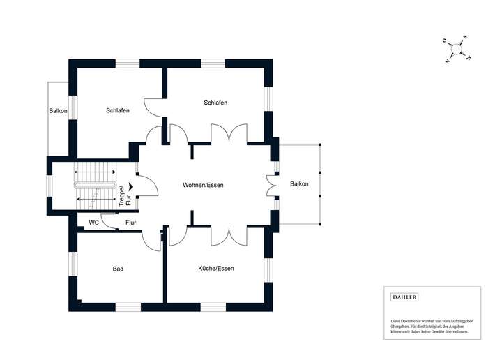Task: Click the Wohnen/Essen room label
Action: [202, 185]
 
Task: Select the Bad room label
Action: [118, 268]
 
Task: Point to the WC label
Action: [93, 223]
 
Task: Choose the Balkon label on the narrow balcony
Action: [59, 111]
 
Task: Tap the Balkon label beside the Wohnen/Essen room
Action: [299, 184]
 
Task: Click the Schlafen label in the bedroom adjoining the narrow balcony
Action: [118, 110]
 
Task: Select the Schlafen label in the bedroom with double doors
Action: [215, 103]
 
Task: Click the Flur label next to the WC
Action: [130, 223]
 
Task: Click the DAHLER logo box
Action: [404, 297]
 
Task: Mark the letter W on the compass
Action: [469, 57]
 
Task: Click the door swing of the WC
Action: [109, 220]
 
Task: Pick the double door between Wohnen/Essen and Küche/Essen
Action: [228, 235]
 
